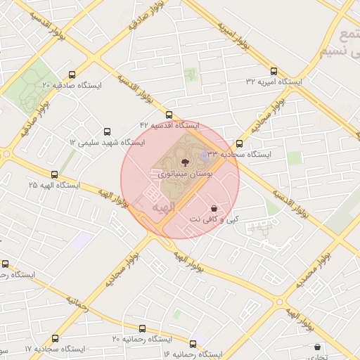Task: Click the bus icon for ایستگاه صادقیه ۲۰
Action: coord(72,75)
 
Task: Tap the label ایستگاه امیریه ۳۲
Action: coord(274,82)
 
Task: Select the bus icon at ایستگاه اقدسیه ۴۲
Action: coord(169,115)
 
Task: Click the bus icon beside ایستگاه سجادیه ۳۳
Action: coord(240,144)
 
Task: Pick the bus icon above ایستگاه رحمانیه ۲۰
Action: coord(143,328)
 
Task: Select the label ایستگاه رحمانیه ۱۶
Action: coord(192,353)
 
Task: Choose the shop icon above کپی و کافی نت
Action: coord(214,209)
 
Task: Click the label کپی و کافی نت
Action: coord(214,220)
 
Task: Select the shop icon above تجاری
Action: coord(318,347)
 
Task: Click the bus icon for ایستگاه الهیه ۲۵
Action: coord(54,174)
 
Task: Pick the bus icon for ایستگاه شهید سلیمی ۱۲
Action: coord(107,131)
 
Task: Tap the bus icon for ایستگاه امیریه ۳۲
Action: coord(274,70)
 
